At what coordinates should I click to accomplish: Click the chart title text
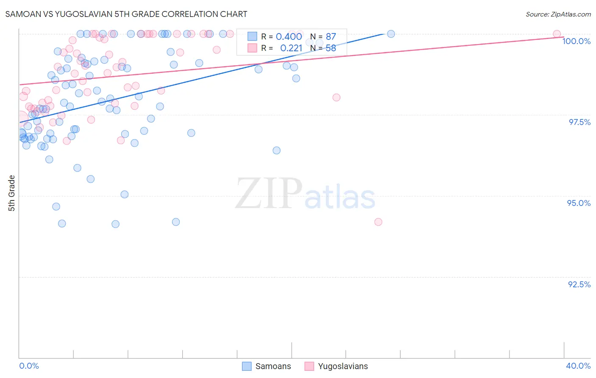[x=126, y=14]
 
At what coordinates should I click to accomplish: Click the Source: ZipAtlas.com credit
[x=558, y=14]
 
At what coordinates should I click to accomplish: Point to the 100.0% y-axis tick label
[x=576, y=41]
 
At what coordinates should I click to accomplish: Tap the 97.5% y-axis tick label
[x=579, y=122]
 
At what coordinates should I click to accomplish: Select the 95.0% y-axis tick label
[x=579, y=203]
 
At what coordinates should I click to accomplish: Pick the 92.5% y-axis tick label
[x=579, y=284]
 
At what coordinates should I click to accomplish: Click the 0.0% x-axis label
[x=29, y=366]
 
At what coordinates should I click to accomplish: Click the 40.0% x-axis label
[x=578, y=366]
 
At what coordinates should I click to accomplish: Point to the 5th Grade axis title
[x=11, y=193]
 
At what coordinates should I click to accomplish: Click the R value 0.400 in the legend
[x=289, y=37]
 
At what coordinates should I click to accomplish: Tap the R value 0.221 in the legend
[x=291, y=48]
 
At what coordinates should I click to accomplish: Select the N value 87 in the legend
[x=331, y=37]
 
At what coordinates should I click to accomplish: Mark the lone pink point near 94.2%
[x=378, y=222]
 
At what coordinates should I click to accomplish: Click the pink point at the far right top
[x=557, y=34]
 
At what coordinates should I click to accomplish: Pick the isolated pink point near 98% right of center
[x=336, y=97]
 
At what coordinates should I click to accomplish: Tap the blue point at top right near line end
[x=391, y=34]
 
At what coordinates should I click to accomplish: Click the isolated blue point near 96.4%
[x=276, y=150]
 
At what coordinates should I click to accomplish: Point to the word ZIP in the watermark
[x=269, y=194]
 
